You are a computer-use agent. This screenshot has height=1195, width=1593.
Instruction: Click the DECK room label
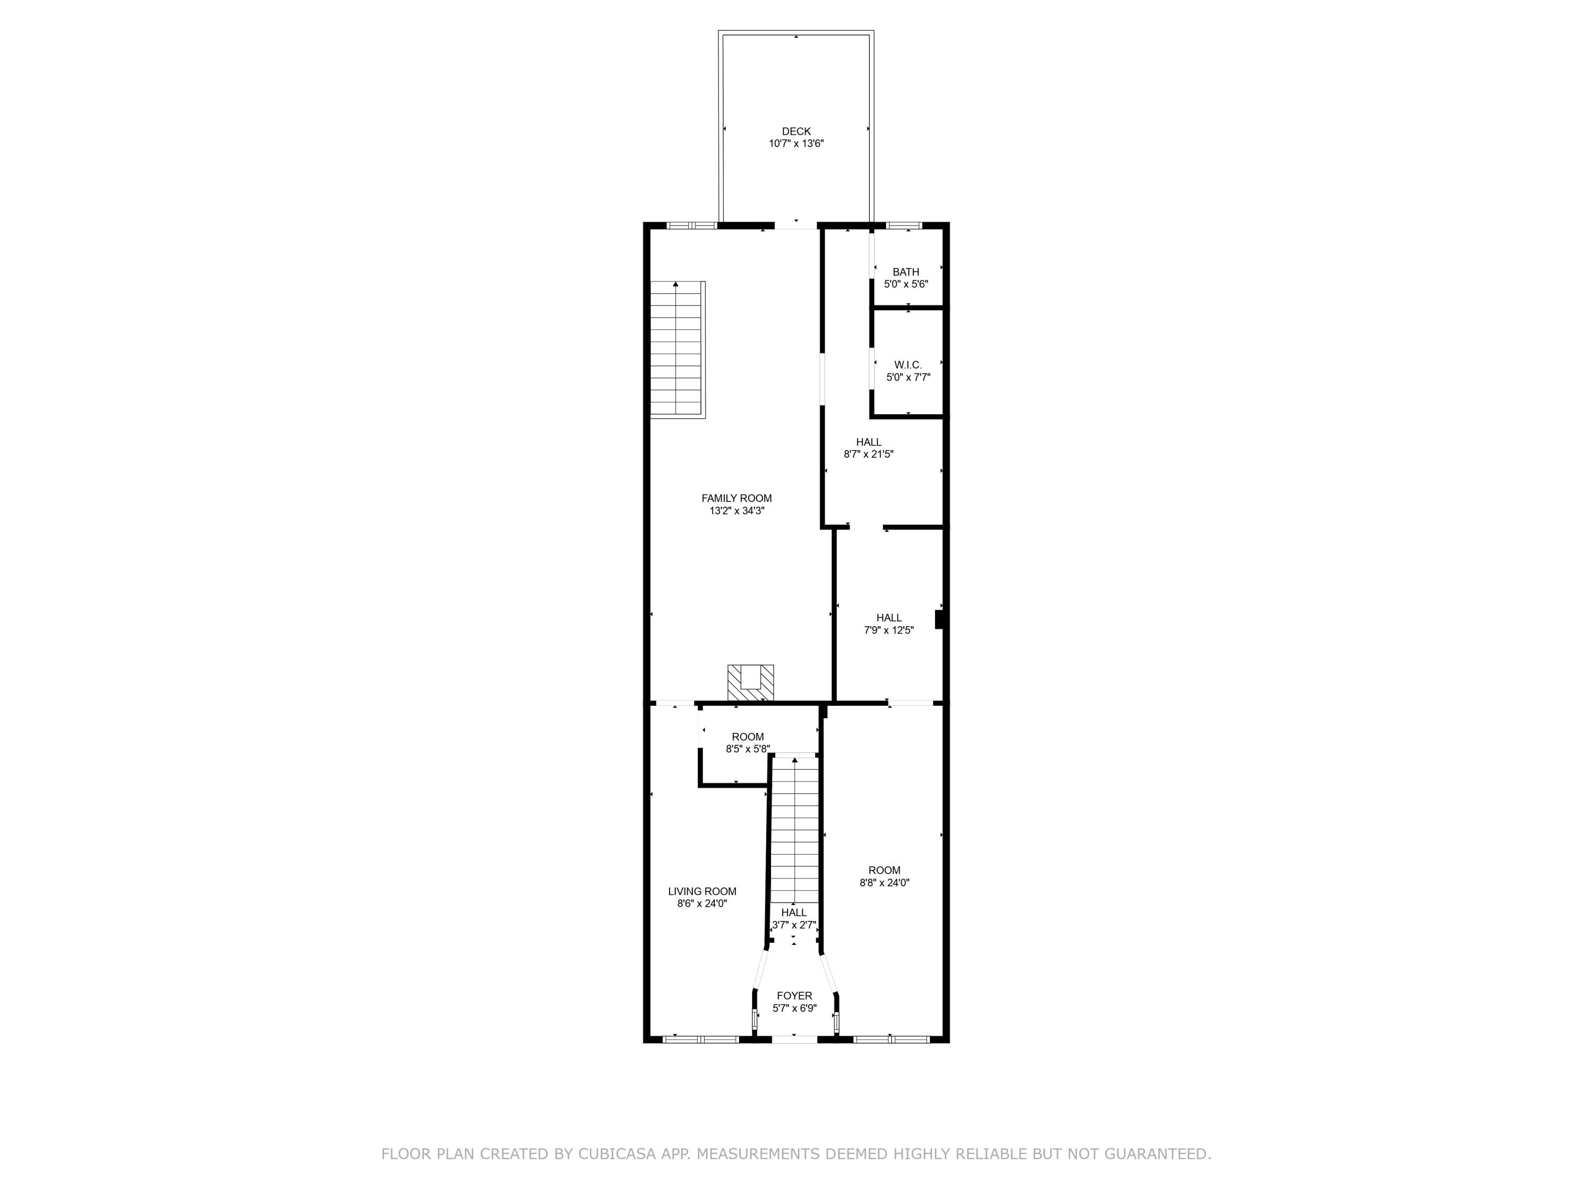point(796,131)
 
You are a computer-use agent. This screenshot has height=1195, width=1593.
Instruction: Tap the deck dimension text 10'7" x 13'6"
point(796,143)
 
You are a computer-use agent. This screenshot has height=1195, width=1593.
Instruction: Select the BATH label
point(905,271)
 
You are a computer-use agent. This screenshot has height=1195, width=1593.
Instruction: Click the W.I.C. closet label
point(907,364)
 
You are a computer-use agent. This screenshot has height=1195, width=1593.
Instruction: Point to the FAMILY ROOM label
point(736,498)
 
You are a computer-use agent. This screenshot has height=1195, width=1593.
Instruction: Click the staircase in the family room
point(677,349)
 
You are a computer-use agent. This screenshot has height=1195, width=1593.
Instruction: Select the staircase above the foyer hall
point(794,829)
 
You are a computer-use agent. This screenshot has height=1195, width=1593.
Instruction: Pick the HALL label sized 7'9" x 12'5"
point(889,617)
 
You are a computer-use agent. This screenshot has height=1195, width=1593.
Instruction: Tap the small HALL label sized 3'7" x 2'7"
point(794,912)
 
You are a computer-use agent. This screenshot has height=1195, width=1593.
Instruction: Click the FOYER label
point(794,995)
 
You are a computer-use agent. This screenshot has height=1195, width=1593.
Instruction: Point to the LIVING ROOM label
point(701,891)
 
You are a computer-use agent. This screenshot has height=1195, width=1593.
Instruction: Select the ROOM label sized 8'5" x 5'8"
point(748,736)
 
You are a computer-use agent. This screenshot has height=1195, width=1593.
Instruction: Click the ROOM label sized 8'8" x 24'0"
point(884,870)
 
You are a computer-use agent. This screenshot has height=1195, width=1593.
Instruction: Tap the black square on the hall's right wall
point(939,619)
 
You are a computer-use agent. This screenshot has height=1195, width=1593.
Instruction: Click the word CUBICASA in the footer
point(616,1154)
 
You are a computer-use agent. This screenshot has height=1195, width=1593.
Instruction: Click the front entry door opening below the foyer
point(794,1039)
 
